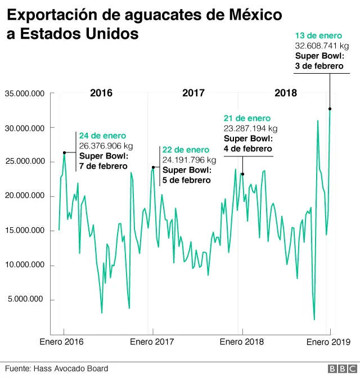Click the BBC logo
[x=340, y=368]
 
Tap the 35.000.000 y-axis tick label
[x=24, y=93]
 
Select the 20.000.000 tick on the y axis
[x=24, y=196]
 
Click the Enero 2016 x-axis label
[x=61, y=341]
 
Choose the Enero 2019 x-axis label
[x=328, y=341]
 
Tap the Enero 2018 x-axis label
[x=242, y=341]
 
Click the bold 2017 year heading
[x=193, y=93]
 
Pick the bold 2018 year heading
[x=286, y=93]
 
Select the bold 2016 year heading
[x=101, y=93]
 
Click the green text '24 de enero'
[x=102, y=136]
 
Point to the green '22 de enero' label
[x=186, y=150]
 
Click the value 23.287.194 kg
[x=250, y=128]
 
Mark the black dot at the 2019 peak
[x=330, y=109]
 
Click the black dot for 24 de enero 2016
[x=65, y=152]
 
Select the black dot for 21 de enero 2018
[x=242, y=174]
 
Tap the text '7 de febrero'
[x=103, y=166]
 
